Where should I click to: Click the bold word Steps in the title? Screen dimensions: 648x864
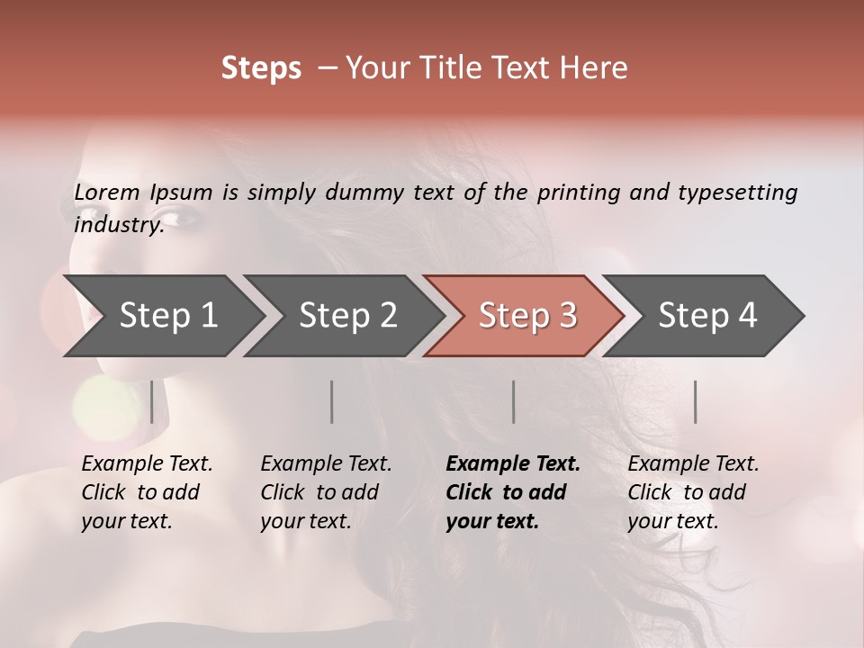pos(261,68)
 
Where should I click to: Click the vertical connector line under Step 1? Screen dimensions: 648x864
pos(152,401)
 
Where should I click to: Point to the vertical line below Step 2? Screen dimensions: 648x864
pos(332,401)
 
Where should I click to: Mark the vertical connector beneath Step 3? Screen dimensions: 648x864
pos(514,401)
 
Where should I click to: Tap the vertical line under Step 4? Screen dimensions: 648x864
pos(696,401)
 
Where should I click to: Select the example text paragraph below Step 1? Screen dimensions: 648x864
pos(147,492)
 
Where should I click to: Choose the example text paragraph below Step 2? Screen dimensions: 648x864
pos(326,492)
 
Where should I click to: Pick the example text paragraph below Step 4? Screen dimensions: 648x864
pos(693,492)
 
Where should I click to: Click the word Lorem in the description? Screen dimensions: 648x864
pos(106,193)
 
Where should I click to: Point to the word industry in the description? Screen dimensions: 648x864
pos(117,224)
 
